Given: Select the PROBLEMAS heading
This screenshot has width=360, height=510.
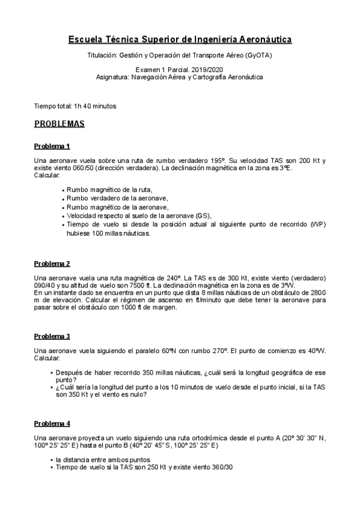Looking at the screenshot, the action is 59,125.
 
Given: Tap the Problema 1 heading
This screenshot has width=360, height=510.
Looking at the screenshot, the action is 52,146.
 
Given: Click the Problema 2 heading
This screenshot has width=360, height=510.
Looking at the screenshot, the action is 52,263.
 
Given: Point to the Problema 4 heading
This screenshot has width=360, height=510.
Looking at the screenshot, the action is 52,423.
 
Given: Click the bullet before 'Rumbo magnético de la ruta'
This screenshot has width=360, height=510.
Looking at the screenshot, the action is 63,189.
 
